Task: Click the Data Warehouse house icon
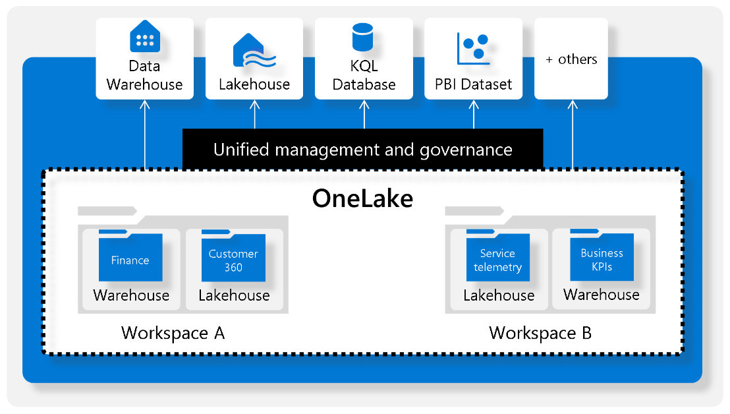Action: pyautogui.click(x=145, y=37)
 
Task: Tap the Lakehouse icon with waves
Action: pyautogui.click(x=254, y=50)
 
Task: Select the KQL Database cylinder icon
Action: pyautogui.click(x=363, y=38)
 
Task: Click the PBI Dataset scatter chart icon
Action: pyautogui.click(x=473, y=48)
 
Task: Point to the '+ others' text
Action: pyautogui.click(x=571, y=59)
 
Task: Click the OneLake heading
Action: pyautogui.click(x=362, y=198)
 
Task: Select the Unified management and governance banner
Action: pyautogui.click(x=362, y=150)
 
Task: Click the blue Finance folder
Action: pyautogui.click(x=130, y=258)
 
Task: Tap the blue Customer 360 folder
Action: pyautogui.click(x=233, y=258)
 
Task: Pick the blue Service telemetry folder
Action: pyautogui.click(x=497, y=258)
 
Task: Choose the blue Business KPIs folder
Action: pyautogui.click(x=602, y=258)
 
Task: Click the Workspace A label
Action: pyautogui.click(x=173, y=333)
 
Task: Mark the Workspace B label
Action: pyautogui.click(x=540, y=333)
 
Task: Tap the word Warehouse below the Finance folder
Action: pyautogui.click(x=131, y=295)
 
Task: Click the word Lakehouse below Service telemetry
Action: pyautogui.click(x=499, y=295)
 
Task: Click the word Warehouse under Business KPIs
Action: pyautogui.click(x=601, y=294)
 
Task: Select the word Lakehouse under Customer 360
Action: pyautogui.click(x=234, y=295)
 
